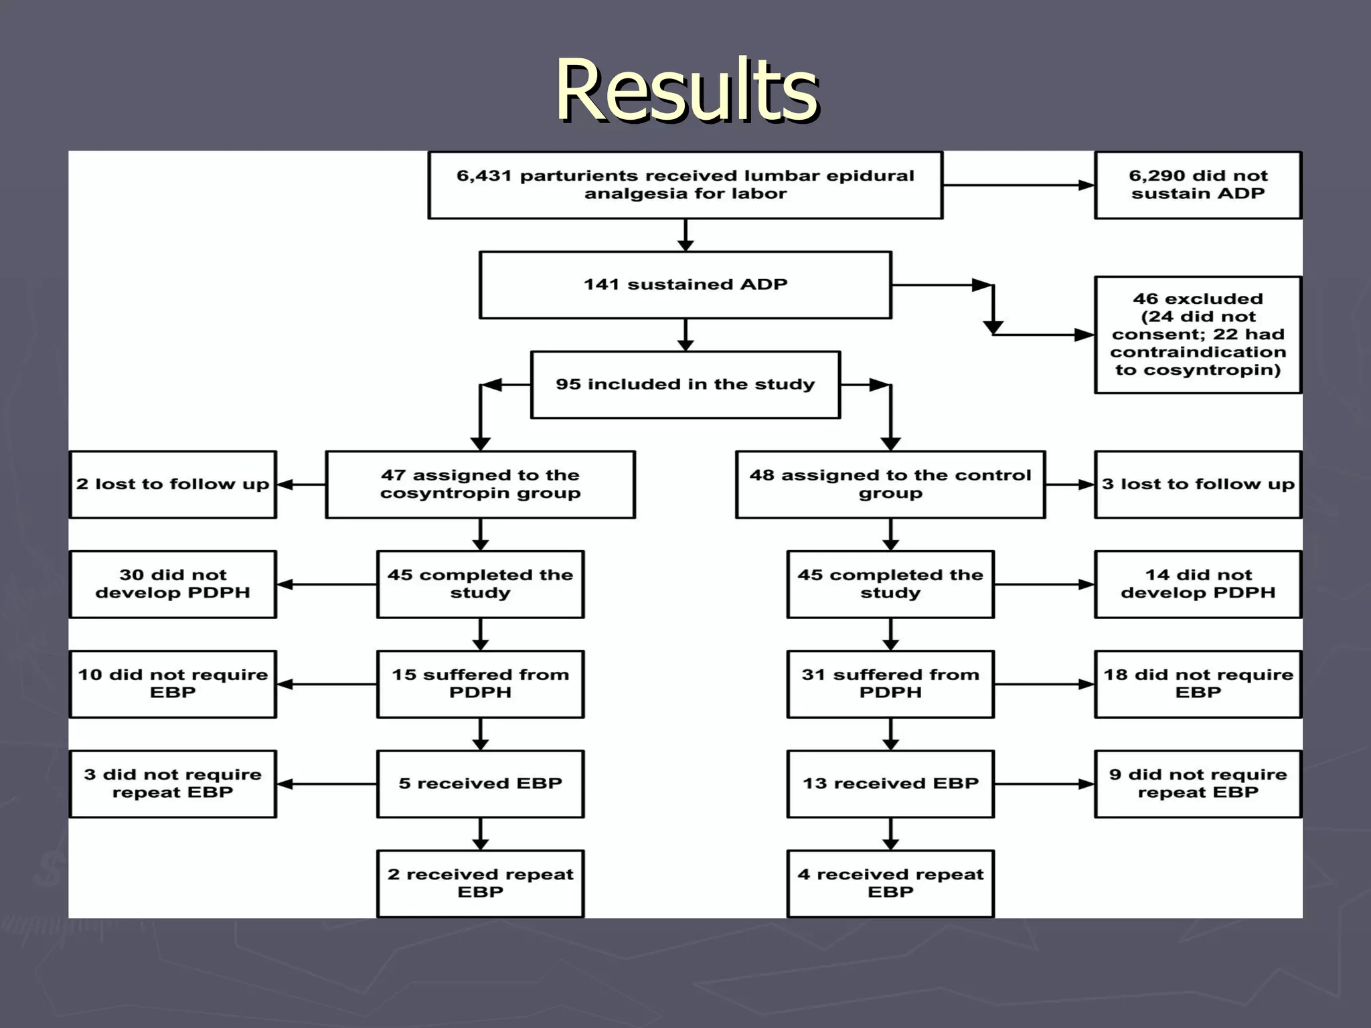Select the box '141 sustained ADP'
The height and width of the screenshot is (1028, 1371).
click(685, 284)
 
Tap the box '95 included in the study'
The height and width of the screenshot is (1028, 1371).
click(685, 384)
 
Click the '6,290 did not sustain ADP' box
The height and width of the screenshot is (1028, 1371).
click(1198, 185)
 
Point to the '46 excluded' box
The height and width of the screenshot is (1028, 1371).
click(1198, 334)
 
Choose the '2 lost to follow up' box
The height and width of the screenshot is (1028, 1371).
click(173, 484)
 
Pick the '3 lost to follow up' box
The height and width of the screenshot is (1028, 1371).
click(1198, 484)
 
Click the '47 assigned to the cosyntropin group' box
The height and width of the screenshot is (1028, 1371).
click(480, 484)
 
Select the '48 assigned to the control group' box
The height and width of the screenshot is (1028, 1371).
click(890, 484)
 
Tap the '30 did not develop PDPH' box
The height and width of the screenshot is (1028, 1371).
click(173, 584)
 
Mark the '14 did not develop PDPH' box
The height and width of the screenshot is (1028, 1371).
click(1198, 584)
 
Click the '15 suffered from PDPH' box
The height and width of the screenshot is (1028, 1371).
click(480, 683)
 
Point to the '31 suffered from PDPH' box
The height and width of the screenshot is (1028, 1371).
click(890, 683)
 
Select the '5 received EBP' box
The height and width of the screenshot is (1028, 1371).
click(480, 783)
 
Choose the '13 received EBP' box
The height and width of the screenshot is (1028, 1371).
click(890, 783)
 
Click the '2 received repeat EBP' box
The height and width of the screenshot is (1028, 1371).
click(480, 883)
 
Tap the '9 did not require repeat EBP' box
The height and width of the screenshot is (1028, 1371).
click(1198, 783)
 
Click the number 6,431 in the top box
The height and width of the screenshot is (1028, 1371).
click(484, 176)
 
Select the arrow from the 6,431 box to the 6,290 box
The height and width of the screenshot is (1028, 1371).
click(1018, 185)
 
